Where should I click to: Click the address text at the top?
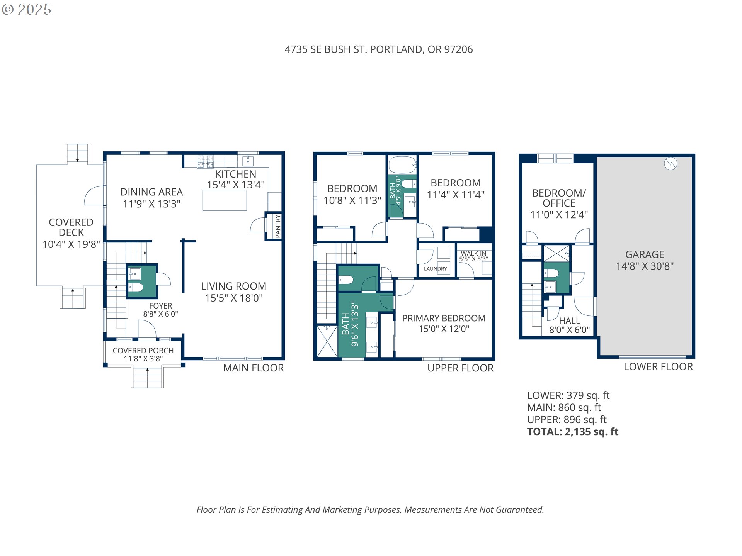coord(378,49)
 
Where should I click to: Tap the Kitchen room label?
coord(235,174)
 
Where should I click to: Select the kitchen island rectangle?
coord(225,200)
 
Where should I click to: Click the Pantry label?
coord(278,226)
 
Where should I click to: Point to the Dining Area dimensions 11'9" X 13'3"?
coord(151,204)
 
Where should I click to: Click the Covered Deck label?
coord(71,227)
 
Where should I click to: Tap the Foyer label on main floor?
coord(160,306)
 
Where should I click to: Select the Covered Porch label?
coord(143,351)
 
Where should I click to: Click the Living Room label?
coord(233,286)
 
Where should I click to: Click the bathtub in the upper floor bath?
coord(402,165)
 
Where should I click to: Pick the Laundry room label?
coord(435,269)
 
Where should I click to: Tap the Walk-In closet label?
coord(473,254)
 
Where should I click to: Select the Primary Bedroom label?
coord(444,318)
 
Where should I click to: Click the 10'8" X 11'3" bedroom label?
coord(352,200)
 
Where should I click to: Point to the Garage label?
coord(645,254)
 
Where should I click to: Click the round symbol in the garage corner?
coord(671,164)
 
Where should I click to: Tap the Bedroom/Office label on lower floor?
coord(559,198)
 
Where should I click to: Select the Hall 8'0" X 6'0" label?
coord(569,325)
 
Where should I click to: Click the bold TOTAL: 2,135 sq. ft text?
coord(572,432)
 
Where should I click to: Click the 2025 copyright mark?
coord(27,9)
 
